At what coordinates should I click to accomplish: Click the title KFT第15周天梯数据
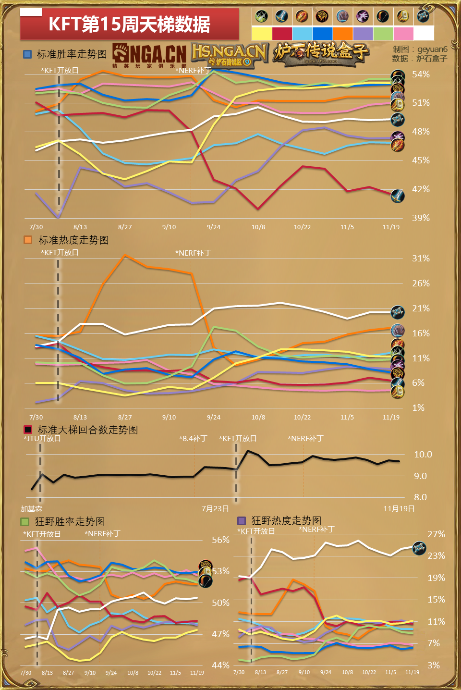[129, 24]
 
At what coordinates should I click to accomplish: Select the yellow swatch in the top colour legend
[262, 33]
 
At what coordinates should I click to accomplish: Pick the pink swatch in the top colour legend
[403, 33]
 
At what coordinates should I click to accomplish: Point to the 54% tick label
[421, 74]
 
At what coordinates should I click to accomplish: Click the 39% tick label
[421, 218]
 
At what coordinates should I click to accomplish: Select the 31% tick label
[421, 258]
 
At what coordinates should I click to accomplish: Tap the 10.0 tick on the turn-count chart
[423, 454]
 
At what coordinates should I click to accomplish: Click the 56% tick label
[220, 540]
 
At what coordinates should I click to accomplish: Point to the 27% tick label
[436, 534]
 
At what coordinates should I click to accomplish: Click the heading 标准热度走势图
[73, 240]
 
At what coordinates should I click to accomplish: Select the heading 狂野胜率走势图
[70, 521]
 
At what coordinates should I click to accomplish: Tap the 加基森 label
[31, 508]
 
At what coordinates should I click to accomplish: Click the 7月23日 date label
[215, 508]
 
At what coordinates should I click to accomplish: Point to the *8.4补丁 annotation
[193, 438]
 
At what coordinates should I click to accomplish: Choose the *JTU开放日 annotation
[42, 438]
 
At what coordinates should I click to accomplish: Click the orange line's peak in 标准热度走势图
[125, 255]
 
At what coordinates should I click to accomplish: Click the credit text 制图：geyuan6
[420, 49]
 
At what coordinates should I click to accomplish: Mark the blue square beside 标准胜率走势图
[27, 54]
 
